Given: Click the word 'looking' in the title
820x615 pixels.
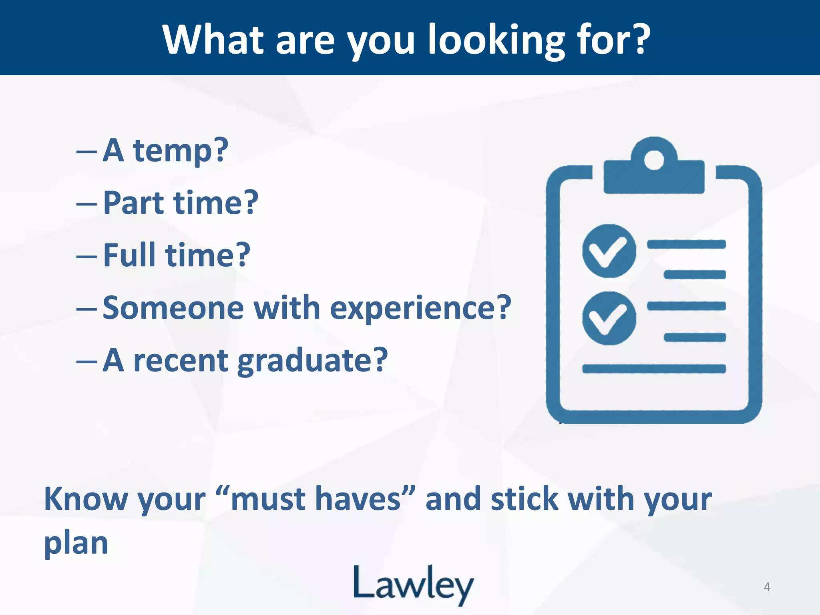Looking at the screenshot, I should point(496,40).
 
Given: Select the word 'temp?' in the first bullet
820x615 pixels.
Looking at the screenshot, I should point(181,151).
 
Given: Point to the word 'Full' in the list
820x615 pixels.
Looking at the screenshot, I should point(129,255).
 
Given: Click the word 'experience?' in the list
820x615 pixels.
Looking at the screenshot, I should point(420,308).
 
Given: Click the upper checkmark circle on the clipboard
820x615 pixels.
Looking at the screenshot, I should point(609,251).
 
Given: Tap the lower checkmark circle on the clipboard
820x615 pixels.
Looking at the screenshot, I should point(609,318).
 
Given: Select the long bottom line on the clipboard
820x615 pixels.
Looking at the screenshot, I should point(654,369).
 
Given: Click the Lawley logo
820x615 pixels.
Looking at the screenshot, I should point(414,585).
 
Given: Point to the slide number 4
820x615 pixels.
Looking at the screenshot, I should point(767,587).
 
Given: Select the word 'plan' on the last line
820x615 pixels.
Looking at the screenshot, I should point(76,543).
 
